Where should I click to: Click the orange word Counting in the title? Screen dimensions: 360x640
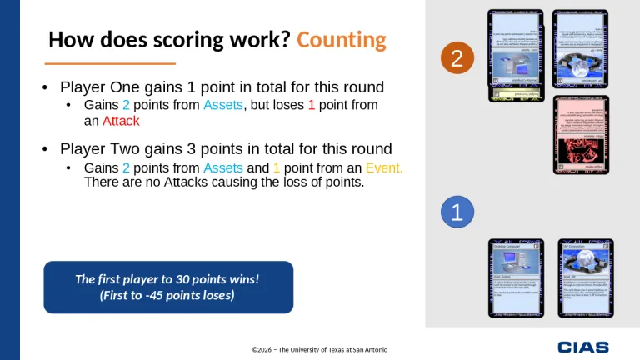click(341, 40)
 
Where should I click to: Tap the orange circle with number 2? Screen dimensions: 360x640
click(456, 57)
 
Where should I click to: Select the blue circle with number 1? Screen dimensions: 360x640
click(456, 212)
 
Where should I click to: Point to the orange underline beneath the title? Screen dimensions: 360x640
click(109, 63)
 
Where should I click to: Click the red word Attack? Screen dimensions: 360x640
click(121, 121)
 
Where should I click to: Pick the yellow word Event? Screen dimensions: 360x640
click(384, 168)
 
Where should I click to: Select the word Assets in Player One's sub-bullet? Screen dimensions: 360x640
click(222, 105)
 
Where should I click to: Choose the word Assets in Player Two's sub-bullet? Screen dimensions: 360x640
click(222, 168)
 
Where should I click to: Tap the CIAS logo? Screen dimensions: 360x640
click(583, 347)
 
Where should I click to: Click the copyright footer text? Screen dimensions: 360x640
click(320, 348)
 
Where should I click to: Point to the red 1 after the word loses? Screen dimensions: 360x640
click(312, 105)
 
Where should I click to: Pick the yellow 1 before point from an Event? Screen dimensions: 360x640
click(276, 168)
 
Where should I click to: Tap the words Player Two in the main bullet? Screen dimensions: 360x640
click(98, 149)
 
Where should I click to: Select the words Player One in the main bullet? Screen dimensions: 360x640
click(98, 87)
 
